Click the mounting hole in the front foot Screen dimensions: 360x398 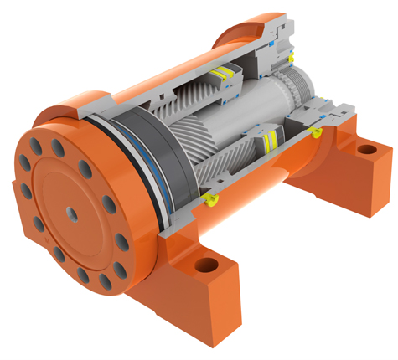(x=204, y=267)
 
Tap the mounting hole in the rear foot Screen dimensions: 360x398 (x=366, y=151)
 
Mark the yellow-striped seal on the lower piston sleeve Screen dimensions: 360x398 (x=267, y=140)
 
